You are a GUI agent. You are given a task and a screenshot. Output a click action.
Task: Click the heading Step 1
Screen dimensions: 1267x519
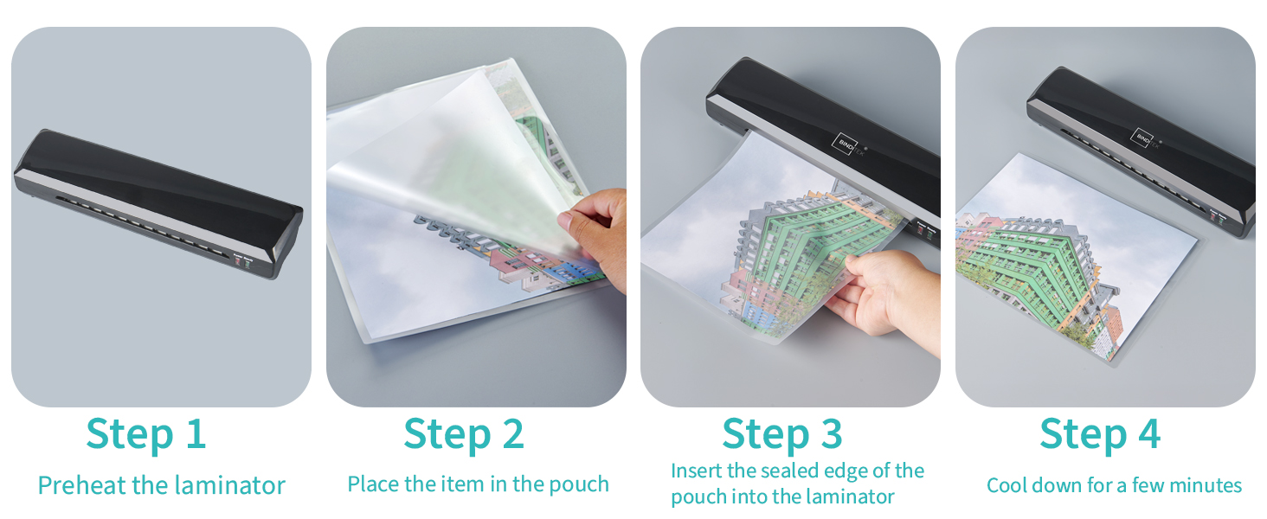coord(146,434)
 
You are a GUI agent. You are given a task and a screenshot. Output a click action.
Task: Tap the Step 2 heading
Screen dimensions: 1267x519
coord(464,434)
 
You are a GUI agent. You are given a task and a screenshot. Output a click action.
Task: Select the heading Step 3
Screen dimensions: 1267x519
coord(782,434)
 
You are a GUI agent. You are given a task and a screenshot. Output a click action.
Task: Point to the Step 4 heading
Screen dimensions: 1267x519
coord(1100,434)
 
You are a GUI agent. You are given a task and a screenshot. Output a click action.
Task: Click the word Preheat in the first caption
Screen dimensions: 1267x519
coord(81,485)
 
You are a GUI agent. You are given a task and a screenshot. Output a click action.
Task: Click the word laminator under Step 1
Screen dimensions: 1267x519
coord(229,485)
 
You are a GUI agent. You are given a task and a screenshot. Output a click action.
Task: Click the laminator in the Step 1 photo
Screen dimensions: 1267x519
coord(158,203)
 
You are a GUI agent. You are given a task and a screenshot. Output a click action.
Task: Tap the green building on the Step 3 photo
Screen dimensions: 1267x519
coord(814,249)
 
